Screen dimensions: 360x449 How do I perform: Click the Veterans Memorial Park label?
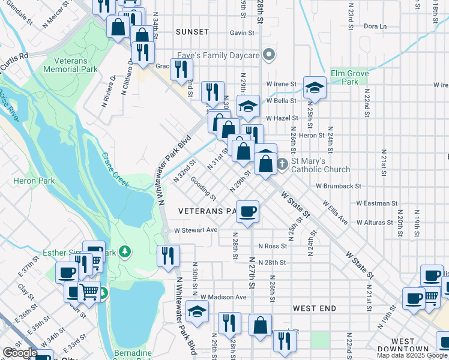point(70,65)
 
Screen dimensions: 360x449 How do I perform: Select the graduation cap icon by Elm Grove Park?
point(315,88)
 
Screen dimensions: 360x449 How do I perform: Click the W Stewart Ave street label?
point(196,230)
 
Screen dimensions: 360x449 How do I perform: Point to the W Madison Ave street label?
point(223,297)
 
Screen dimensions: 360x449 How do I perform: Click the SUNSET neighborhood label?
point(193,32)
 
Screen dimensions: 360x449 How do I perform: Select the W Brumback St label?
point(339,187)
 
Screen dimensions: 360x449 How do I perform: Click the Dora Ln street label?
point(375,26)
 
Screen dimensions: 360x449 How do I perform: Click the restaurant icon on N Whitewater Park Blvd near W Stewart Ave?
point(168,256)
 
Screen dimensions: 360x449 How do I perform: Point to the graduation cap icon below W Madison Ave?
point(197,311)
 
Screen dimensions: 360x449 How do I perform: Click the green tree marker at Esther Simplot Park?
point(125,250)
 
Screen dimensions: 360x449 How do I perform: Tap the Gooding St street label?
point(203,188)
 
